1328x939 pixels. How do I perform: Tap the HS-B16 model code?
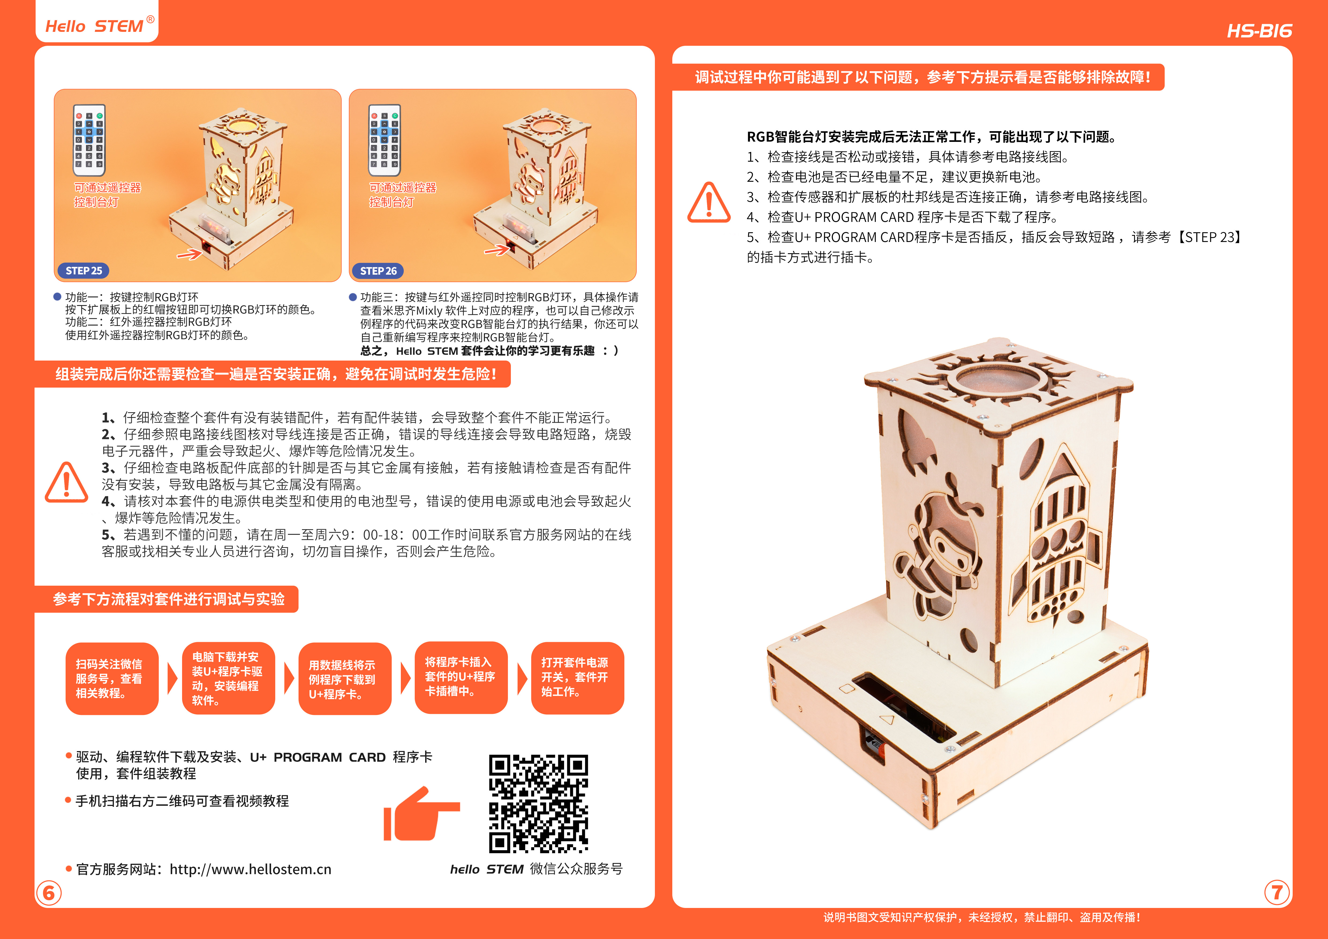pyautogui.click(x=1259, y=31)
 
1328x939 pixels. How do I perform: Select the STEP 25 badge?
pyautogui.click(x=84, y=271)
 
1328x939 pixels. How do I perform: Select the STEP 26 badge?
pyautogui.click(x=378, y=271)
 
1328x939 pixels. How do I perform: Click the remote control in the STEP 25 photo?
pyautogui.click(x=89, y=140)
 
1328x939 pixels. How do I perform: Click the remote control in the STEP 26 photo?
pyautogui.click(x=385, y=140)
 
